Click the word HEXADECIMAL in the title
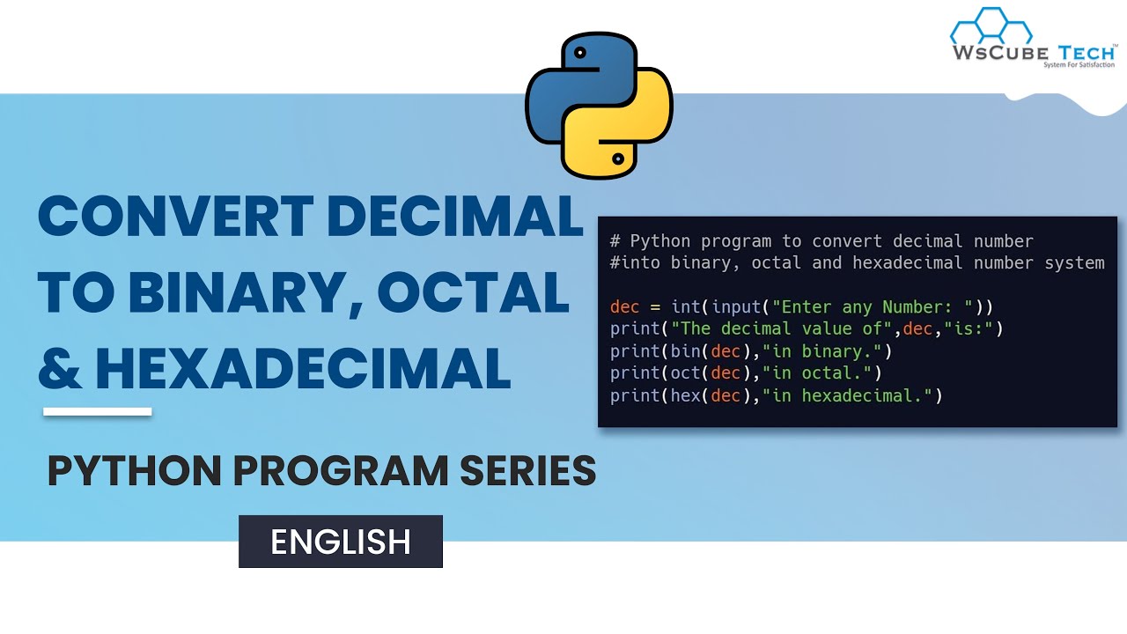pos(304,368)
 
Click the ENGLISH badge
pos(340,542)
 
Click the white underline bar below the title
pos(97,411)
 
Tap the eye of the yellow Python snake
pos(618,159)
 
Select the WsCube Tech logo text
pos(1032,52)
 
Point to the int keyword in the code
pos(685,307)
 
